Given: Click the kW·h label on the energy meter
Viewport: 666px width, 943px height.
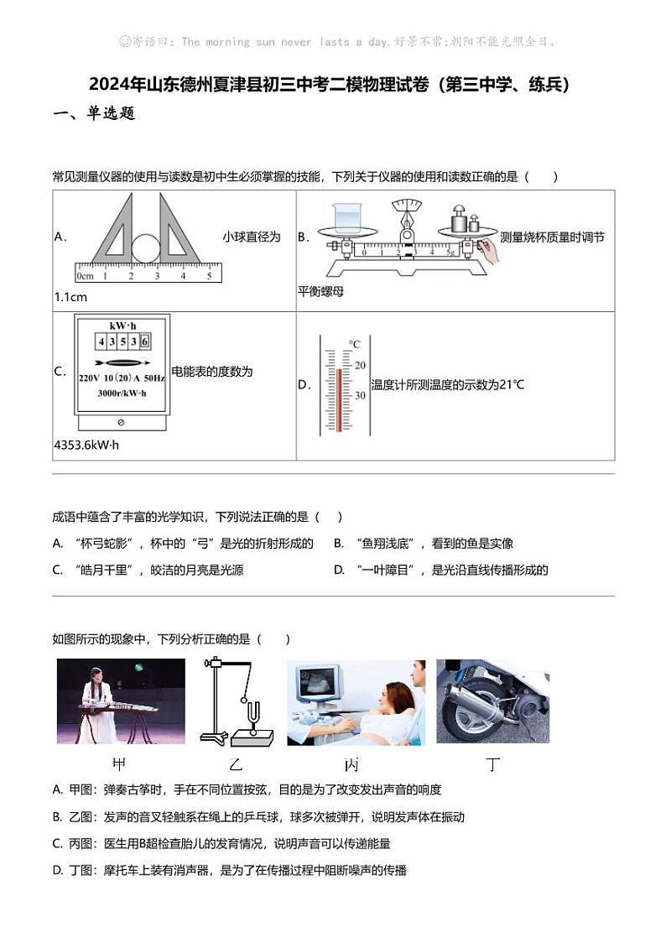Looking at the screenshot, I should [122, 325].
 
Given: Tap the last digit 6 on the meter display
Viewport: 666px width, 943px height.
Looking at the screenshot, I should [144, 341].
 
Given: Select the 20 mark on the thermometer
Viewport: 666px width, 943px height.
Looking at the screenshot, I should [360, 365].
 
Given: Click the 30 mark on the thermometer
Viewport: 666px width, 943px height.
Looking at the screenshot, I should [360, 395].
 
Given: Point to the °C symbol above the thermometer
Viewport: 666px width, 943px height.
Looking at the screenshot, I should [355, 344].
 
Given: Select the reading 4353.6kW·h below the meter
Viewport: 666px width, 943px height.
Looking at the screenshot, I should [86, 445].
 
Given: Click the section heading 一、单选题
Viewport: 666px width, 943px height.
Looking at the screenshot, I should [94, 114].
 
